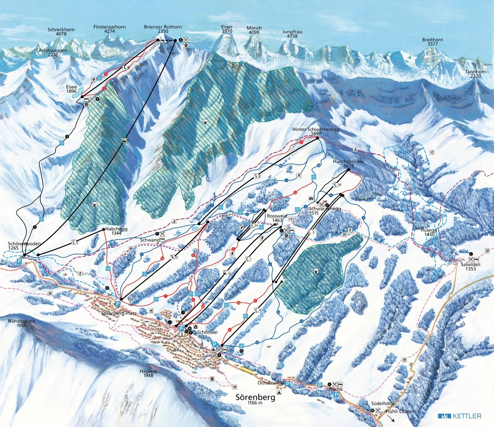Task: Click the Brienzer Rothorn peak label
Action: coord(163,29)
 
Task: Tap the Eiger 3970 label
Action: coord(227,29)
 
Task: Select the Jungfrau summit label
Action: coord(292,34)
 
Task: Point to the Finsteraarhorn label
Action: coord(109,29)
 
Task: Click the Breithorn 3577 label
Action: coord(432,42)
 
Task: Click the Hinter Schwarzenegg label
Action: coord(316,131)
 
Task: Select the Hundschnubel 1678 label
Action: coord(348,163)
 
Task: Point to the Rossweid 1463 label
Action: coord(277,218)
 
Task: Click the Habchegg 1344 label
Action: coord(116,231)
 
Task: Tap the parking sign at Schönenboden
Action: coord(19,261)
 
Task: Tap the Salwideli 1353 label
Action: coord(470,266)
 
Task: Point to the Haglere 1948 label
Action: coord(148,373)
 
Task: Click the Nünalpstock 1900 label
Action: coord(21,323)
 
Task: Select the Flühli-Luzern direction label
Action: coord(400,411)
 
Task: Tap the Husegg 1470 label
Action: coord(428,232)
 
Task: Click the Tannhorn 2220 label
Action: coord(475,74)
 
